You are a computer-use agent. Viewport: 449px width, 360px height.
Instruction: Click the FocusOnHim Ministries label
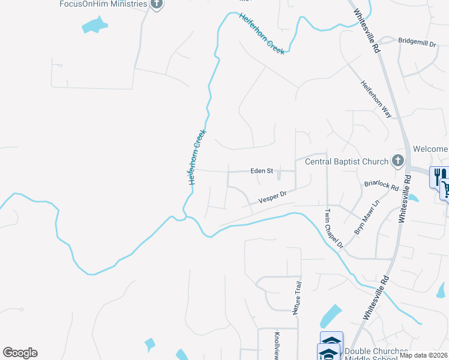click(x=103, y=4)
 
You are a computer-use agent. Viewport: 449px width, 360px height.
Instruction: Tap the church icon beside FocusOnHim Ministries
click(x=157, y=4)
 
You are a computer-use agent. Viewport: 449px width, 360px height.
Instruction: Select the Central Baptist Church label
click(x=347, y=161)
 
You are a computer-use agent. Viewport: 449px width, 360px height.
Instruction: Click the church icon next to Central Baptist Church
click(x=397, y=160)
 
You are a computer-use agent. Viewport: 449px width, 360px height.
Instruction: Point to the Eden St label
click(x=261, y=171)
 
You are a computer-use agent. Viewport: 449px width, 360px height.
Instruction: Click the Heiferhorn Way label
click(x=376, y=98)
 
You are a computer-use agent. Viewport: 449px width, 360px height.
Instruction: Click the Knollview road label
click(x=277, y=345)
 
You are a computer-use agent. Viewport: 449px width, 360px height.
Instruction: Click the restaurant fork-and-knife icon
click(x=440, y=176)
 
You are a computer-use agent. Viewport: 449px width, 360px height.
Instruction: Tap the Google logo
click(x=20, y=352)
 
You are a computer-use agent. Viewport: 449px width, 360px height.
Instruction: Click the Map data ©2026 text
click(x=423, y=355)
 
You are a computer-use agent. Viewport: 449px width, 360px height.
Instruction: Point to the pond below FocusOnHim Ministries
click(x=94, y=25)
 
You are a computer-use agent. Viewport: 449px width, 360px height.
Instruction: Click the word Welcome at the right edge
click(x=430, y=149)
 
